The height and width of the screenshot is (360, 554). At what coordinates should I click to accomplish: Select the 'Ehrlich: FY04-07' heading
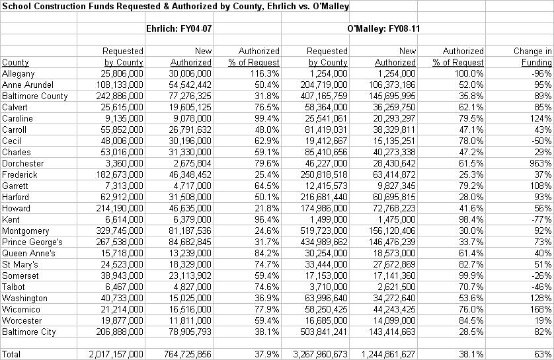coord(178,29)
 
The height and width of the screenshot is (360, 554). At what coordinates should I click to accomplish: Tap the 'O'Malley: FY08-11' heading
coord(382,29)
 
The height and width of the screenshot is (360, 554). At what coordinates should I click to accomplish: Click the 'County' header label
coord(16,63)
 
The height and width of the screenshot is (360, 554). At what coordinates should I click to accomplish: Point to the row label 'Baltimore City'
coord(28,332)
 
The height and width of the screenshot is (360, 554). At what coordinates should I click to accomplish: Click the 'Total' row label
coord(11,354)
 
